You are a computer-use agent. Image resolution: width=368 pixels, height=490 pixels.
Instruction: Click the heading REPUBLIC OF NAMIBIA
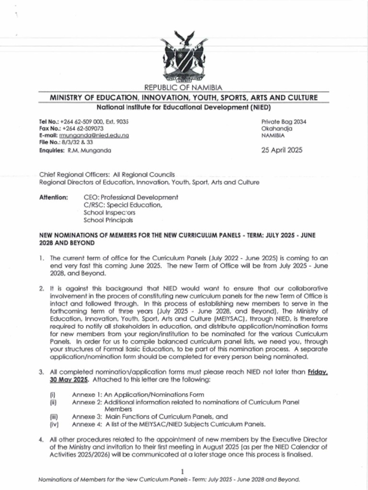click(x=184, y=87)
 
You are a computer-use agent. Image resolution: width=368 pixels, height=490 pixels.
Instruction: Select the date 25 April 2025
click(x=282, y=150)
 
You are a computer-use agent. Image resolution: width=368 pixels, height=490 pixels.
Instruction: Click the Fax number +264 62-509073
click(x=82, y=129)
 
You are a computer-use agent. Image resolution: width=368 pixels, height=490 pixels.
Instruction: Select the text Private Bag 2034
click(x=284, y=122)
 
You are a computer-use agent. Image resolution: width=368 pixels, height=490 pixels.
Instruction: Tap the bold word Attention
click(x=53, y=197)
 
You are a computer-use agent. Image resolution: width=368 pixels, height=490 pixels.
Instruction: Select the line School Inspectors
click(x=109, y=212)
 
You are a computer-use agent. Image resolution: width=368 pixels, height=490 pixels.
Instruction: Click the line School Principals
click(x=108, y=220)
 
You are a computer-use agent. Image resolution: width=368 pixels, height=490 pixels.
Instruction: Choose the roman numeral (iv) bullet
click(x=54, y=424)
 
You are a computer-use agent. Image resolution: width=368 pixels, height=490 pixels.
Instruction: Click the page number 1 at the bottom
click(x=184, y=471)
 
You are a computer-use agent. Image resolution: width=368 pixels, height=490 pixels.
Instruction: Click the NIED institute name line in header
click(x=184, y=107)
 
